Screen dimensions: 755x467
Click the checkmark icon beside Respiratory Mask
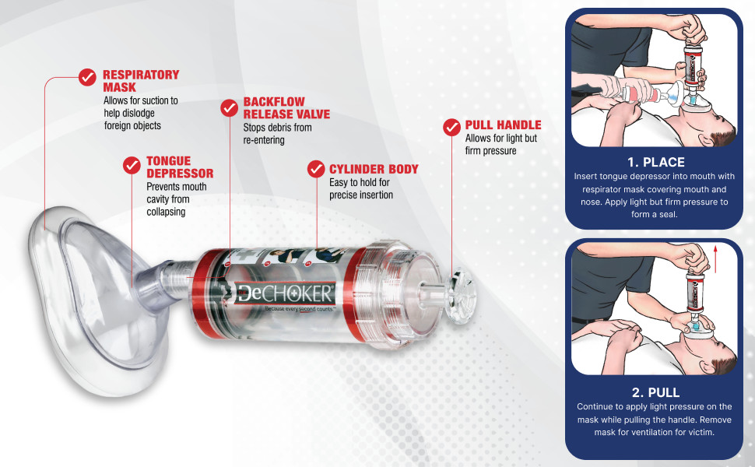[x=87, y=77]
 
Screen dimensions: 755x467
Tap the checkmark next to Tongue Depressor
[x=132, y=165]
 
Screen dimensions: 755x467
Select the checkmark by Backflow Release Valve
[x=229, y=108]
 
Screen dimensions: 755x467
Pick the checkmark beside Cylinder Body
[x=316, y=169]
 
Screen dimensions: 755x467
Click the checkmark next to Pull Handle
[x=451, y=127]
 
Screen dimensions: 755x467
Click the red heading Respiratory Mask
[x=141, y=81]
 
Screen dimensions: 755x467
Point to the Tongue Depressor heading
[x=180, y=167]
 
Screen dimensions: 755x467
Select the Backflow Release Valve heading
[x=286, y=108]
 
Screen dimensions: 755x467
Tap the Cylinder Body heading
[x=374, y=170]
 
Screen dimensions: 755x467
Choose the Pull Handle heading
[x=503, y=125]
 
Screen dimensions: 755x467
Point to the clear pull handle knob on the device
[x=459, y=296]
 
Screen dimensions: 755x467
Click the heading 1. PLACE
[x=656, y=162]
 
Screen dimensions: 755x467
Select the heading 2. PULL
[x=656, y=392]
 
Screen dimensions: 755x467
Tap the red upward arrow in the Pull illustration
[x=715, y=259]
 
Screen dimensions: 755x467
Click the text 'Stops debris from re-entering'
[x=277, y=134]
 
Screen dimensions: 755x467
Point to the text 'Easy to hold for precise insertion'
[x=361, y=188]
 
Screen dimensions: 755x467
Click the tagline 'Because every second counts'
[x=299, y=308]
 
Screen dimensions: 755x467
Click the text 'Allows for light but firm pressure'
[x=500, y=145]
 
